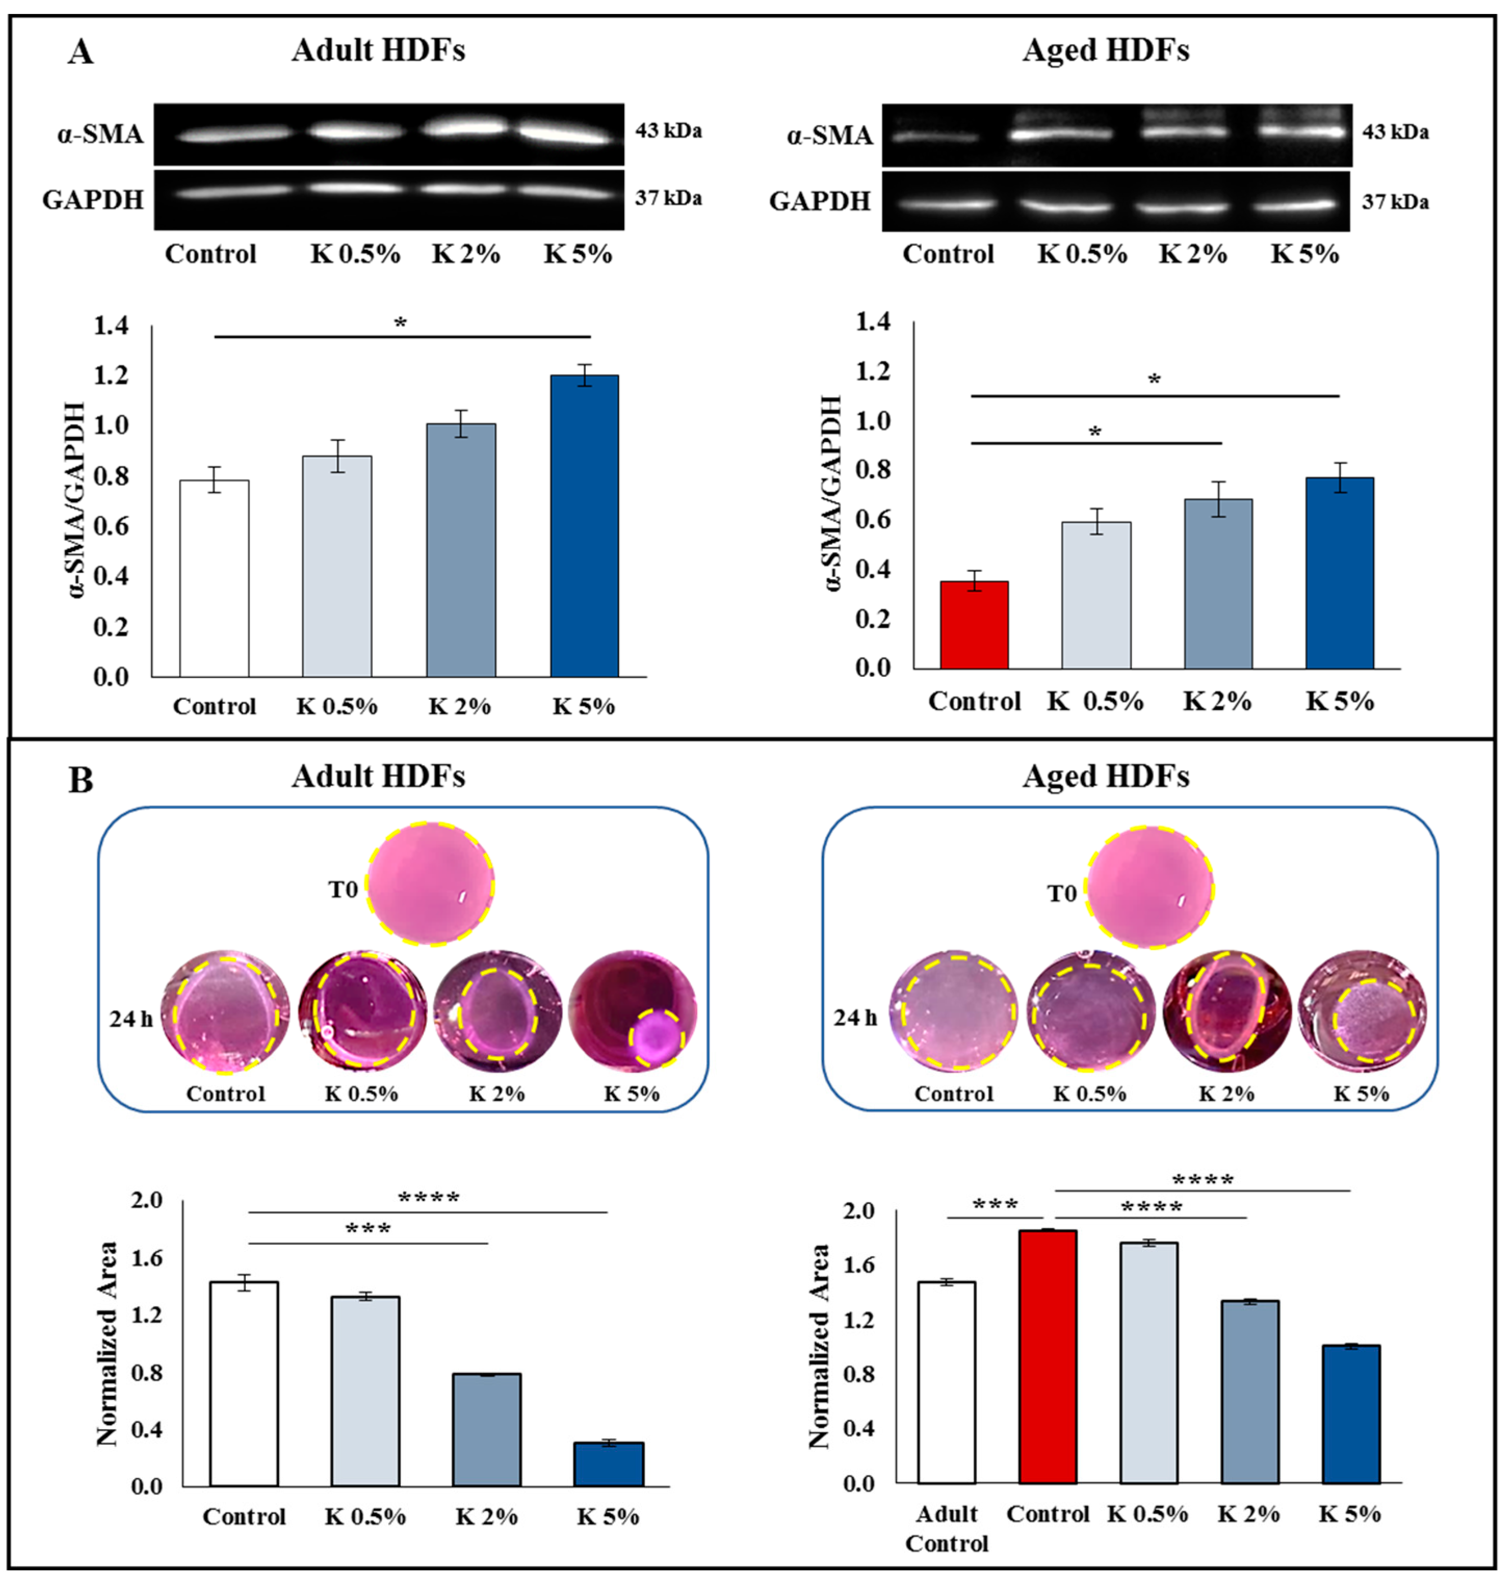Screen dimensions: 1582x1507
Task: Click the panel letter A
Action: (81, 53)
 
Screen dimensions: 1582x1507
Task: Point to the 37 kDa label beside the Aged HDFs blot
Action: (1395, 202)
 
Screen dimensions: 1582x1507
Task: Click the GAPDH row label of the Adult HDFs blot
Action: (93, 199)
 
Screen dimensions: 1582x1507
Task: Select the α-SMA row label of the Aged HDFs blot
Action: (829, 136)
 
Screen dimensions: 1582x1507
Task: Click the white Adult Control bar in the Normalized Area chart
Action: (946, 1381)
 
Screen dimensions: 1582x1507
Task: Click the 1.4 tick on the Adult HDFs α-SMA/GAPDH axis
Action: (111, 325)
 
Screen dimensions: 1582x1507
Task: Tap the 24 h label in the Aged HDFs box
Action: (855, 1017)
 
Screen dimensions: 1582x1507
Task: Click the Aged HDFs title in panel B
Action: (1105, 776)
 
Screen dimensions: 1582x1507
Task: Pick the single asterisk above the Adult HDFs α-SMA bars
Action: (400, 323)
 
